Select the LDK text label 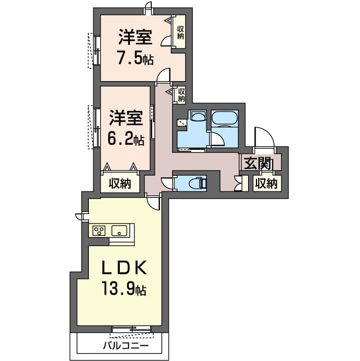(124, 268)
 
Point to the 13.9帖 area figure (124, 289)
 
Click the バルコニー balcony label (126, 346)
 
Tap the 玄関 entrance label (258, 164)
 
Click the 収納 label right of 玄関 (267, 184)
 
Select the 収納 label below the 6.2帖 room (120, 184)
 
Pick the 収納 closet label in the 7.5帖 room (181, 33)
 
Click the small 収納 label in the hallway (181, 95)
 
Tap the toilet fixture (198, 183)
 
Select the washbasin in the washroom (197, 115)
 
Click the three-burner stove (99, 231)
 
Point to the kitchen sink (119, 231)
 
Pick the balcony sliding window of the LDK (131, 329)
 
